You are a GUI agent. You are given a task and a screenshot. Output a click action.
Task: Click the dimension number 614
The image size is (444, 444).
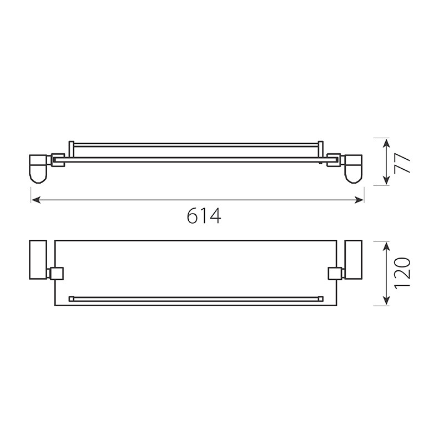tap(204, 216)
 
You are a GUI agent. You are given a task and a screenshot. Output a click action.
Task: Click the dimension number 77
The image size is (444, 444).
tap(402, 163)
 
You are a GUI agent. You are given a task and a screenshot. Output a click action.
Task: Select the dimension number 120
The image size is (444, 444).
tap(402, 273)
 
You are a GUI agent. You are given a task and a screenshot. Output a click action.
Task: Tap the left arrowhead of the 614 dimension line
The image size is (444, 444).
tap(36, 200)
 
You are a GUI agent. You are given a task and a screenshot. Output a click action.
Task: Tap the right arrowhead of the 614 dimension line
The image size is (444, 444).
tap(359, 200)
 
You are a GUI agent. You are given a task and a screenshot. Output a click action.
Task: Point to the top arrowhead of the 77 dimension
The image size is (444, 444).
tap(386, 143)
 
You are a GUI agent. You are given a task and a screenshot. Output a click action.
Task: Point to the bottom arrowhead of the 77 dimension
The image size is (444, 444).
tap(386, 180)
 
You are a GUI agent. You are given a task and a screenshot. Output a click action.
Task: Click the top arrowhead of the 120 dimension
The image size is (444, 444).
tap(386, 246)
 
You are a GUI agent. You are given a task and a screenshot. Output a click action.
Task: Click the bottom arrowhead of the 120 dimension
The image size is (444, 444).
tap(386, 301)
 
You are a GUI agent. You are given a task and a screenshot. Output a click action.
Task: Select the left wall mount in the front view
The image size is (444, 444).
tap(38, 169)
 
